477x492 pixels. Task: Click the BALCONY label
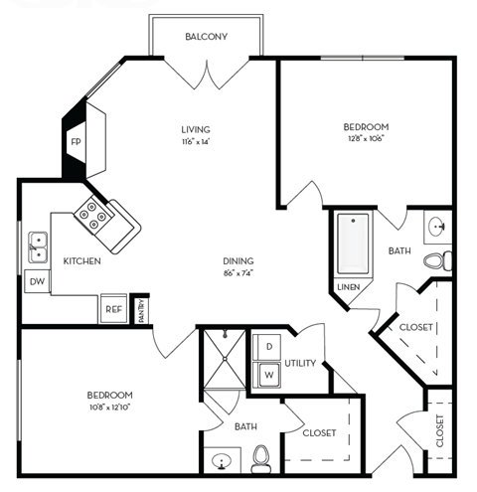(207, 37)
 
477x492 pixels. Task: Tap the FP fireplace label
(76, 142)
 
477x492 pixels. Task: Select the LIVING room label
(196, 129)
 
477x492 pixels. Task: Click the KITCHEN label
(82, 260)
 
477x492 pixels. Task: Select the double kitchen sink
(37, 245)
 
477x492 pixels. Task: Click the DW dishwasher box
(37, 281)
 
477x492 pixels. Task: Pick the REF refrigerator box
(113, 309)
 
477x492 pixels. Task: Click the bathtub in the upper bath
(352, 244)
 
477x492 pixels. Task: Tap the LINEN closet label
(348, 287)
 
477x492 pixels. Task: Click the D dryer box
(267, 347)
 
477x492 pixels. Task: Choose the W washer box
(267, 375)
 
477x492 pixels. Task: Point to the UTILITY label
(300, 363)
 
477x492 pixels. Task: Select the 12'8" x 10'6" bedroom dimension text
(365, 140)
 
